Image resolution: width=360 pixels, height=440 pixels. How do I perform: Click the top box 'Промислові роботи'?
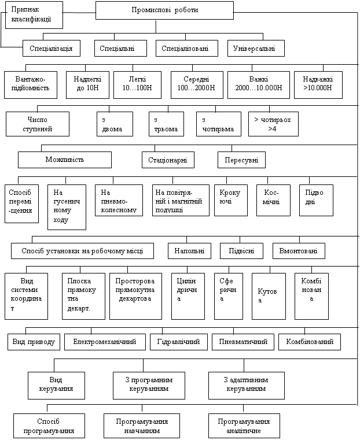pyautogui.click(x=164, y=10)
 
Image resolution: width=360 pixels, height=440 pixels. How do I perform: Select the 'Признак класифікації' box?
pyautogui.click(x=34, y=14)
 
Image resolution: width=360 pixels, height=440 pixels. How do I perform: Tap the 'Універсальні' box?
pyautogui.click(x=256, y=49)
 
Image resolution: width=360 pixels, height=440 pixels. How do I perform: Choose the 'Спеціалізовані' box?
pyautogui.click(x=187, y=49)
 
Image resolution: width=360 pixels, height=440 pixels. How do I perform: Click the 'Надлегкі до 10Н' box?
pyautogui.click(x=87, y=85)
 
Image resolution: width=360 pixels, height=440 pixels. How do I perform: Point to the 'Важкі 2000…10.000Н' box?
pyautogui.click(x=259, y=85)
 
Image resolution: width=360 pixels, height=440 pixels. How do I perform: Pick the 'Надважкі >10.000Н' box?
pyautogui.click(x=318, y=85)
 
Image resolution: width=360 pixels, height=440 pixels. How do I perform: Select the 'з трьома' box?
pyautogui.click(x=167, y=124)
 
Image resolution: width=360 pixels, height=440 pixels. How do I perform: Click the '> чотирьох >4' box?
pyautogui.click(x=273, y=124)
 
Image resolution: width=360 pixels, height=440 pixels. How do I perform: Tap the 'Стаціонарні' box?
pyautogui.click(x=168, y=160)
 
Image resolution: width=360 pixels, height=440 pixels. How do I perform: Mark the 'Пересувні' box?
pyautogui.click(x=241, y=160)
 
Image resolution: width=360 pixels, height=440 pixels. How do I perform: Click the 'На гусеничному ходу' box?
pyautogui.click(x=67, y=207)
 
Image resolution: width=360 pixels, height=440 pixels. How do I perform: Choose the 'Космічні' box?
pyautogui.click(x=274, y=201)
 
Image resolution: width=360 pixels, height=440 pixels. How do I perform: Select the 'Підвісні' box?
pyautogui.click(x=241, y=251)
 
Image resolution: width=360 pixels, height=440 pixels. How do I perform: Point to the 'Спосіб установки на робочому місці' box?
pyautogui.click(x=82, y=251)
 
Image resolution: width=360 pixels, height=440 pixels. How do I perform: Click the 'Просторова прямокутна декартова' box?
pyautogui.click(x=135, y=297)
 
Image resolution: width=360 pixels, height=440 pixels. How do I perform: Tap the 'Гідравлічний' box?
pyautogui.click(x=179, y=342)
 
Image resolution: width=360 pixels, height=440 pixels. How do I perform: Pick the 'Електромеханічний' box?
pyautogui.click(x=105, y=342)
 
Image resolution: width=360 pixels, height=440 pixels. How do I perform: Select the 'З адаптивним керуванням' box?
pyautogui.click(x=247, y=386)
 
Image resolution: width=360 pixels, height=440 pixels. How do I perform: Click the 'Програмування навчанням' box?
pyautogui.click(x=142, y=426)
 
